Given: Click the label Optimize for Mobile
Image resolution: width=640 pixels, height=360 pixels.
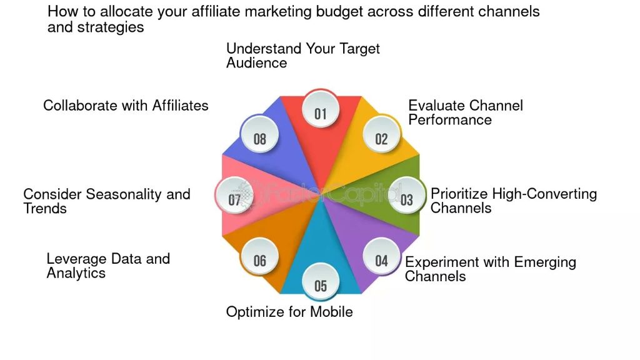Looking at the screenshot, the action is tap(289, 312).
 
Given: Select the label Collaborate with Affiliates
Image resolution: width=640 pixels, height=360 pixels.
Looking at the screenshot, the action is tap(126, 105).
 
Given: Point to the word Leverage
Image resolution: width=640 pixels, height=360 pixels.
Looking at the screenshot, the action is tap(76, 259).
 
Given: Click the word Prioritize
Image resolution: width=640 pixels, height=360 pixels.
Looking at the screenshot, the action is tap(459, 194).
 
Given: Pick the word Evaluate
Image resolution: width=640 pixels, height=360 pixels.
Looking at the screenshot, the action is tap(435, 105).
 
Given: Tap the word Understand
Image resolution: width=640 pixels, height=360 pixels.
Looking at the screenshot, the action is tap(264, 49).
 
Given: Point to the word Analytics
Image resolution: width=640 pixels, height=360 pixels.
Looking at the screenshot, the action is tap(76, 273).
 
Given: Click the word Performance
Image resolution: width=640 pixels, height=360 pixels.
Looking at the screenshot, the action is tap(450, 119).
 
